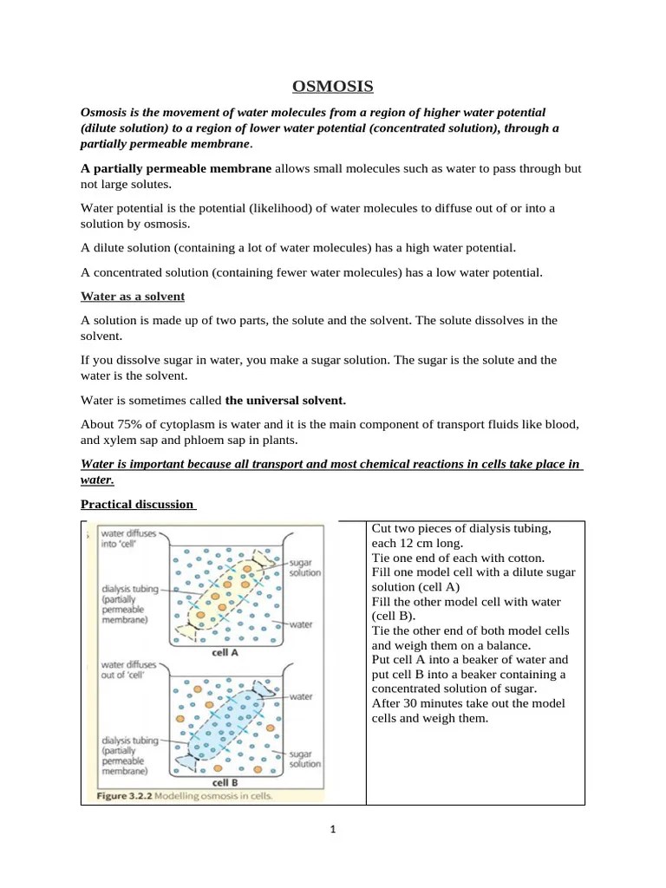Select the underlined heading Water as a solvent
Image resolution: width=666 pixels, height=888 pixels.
pos(132,297)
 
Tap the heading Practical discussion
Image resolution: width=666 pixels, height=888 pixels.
pos(137,504)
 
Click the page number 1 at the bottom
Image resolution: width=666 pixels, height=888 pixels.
pos(332,829)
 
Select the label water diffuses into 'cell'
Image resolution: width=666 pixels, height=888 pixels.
pos(128,539)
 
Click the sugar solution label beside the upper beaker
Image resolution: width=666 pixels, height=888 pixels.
pos(304,567)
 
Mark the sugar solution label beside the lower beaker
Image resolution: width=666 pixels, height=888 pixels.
pos(304,759)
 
